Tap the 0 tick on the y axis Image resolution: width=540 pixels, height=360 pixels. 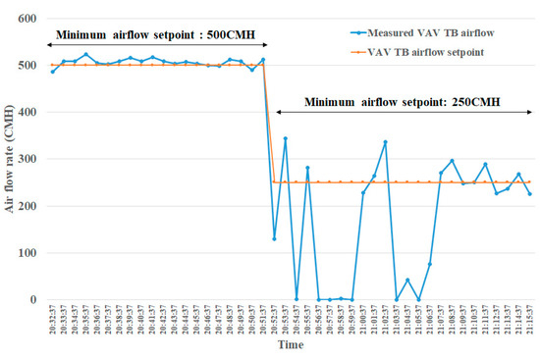31,300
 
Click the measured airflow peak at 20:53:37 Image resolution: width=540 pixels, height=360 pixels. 286,138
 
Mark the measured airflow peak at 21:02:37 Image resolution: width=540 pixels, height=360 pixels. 385,141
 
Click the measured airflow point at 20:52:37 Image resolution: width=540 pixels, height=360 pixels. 274,238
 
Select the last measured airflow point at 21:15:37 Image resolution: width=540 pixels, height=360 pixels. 529,193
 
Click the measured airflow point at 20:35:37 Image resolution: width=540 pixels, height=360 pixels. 86,55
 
